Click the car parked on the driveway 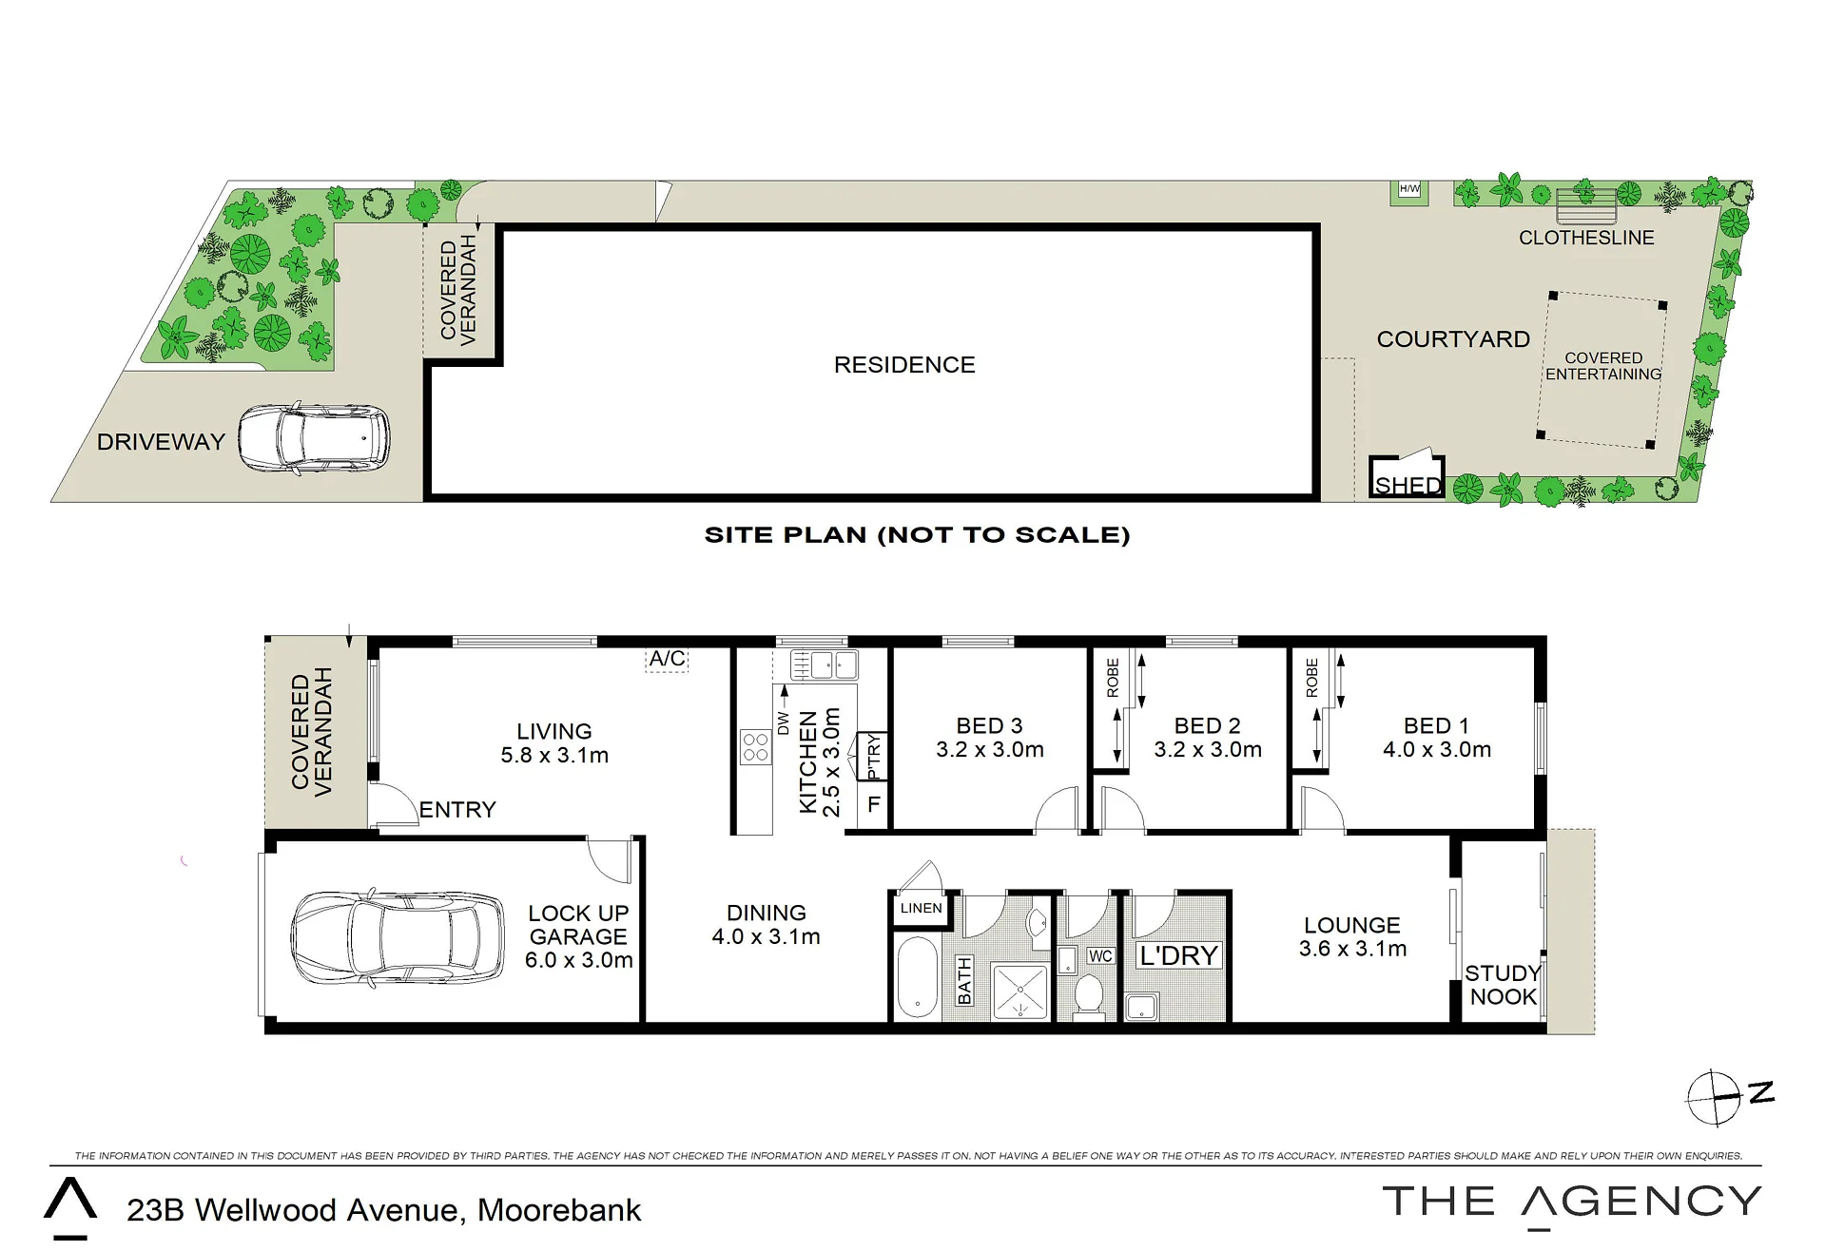click(x=313, y=439)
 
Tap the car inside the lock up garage click(x=398, y=939)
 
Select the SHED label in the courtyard click(x=1408, y=485)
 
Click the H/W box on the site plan click(x=1409, y=189)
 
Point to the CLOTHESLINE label click(x=1586, y=238)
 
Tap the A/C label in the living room click(x=667, y=658)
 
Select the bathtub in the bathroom click(x=917, y=977)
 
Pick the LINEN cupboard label click(x=922, y=908)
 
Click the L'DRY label click(x=1178, y=955)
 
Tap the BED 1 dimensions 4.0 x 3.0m click(x=1437, y=750)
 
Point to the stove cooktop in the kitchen click(x=756, y=747)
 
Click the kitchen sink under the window click(x=825, y=664)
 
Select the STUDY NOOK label click(x=1503, y=985)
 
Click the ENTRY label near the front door click(x=457, y=810)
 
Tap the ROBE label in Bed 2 click(x=1113, y=679)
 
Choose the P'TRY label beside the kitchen click(x=874, y=757)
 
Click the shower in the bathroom click(x=1019, y=991)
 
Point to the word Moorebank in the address click(x=559, y=1210)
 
